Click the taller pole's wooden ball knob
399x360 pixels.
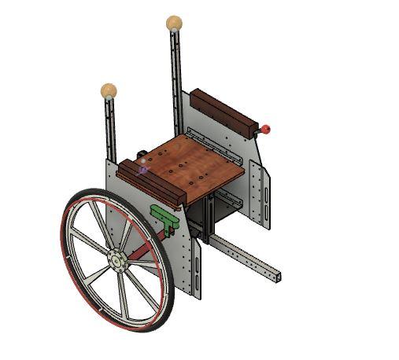coord(174,23)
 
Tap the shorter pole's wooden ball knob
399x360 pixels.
coord(109,90)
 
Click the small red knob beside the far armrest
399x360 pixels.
coord(266,129)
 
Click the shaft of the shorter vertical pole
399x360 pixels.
coord(109,126)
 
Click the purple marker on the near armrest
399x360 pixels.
coord(143,168)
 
